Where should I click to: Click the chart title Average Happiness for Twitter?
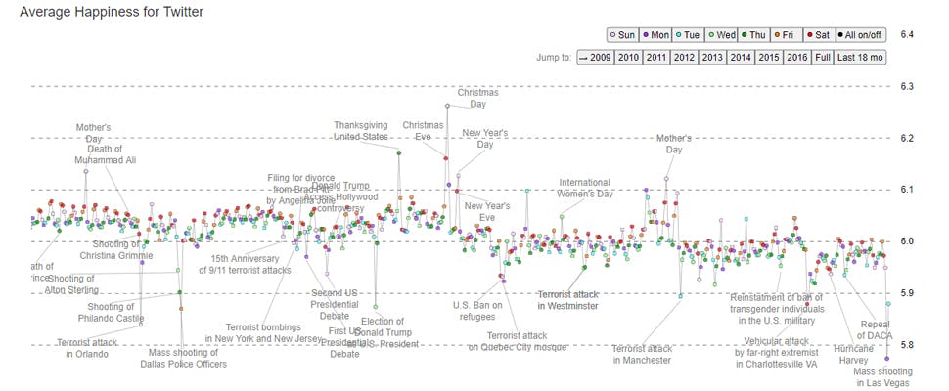112,12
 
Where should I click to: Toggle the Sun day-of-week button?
623,34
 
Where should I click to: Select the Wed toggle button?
726,34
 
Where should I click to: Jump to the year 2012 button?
684,57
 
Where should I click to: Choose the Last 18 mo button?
861,57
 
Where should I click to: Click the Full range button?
823,57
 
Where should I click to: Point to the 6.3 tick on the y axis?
907,86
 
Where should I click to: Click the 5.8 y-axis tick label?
907,345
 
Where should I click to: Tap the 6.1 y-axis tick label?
907,190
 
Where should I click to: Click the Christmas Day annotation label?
477,98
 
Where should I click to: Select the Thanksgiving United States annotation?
360,131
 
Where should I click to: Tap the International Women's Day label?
584,188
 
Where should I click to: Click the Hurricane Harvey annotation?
855,354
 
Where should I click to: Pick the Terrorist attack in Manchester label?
642,354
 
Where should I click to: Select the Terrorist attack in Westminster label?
567,300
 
